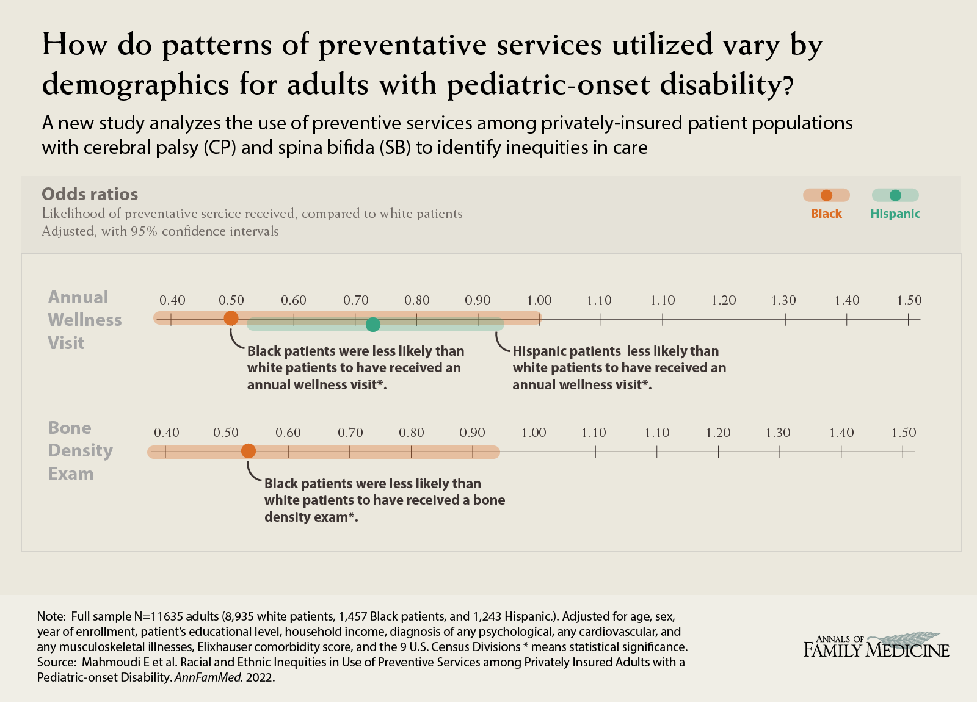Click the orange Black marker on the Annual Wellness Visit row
(x=231, y=318)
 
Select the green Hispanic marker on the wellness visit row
(x=373, y=325)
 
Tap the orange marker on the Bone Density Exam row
(x=249, y=451)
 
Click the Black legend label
(x=826, y=214)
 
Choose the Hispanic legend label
(x=895, y=214)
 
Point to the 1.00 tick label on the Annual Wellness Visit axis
(x=539, y=300)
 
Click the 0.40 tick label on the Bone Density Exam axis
(x=167, y=433)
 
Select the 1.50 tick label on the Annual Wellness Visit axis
(x=909, y=300)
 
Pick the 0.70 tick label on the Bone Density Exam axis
(x=350, y=433)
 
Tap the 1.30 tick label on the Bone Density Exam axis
(x=779, y=433)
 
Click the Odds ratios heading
(x=90, y=194)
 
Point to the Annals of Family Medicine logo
(x=876, y=645)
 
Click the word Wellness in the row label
(x=85, y=320)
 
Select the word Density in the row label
(x=81, y=450)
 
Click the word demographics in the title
(x=135, y=84)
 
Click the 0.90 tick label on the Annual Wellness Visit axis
(x=478, y=300)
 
